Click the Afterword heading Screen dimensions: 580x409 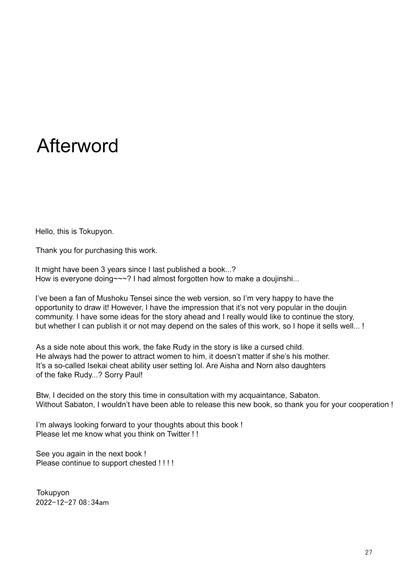[78, 146]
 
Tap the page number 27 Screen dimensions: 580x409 [368, 552]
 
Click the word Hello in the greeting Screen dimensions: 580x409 [44, 231]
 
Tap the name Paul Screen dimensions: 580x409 [134, 375]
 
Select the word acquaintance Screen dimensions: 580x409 [262, 395]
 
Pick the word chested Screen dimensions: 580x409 [142, 463]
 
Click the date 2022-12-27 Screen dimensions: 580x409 [56, 502]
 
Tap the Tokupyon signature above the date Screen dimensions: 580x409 [53, 493]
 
